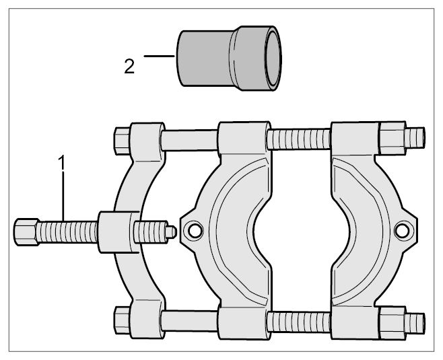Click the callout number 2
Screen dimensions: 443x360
point(129,67)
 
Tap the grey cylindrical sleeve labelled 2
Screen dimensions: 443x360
point(229,59)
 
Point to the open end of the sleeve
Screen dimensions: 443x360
point(273,59)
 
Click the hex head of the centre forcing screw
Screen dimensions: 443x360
point(26,231)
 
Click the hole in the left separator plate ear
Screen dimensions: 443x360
point(194,231)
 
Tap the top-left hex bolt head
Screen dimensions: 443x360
point(123,141)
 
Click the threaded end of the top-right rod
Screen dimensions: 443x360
point(415,137)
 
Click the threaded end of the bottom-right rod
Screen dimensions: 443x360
point(415,323)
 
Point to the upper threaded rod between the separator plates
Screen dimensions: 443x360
point(299,139)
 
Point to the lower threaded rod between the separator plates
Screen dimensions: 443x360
point(299,322)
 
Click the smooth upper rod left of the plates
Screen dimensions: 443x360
point(190,141)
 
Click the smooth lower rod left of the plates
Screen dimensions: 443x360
point(190,320)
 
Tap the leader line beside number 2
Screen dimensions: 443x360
point(159,57)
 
